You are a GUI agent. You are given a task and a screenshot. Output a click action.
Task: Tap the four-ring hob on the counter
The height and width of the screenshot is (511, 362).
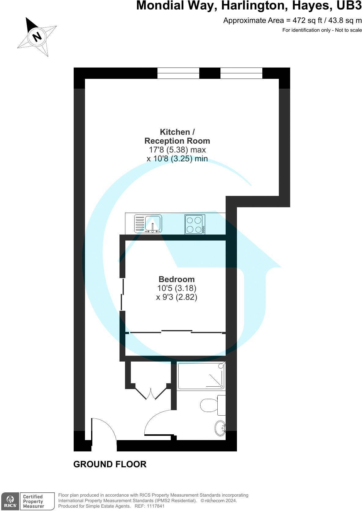(195, 224)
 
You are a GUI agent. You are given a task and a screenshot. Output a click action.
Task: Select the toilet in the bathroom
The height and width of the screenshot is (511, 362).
(209, 405)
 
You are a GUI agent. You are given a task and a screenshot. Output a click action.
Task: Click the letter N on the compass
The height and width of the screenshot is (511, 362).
(37, 37)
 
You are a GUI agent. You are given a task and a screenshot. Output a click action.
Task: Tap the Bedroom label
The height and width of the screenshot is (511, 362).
(176, 279)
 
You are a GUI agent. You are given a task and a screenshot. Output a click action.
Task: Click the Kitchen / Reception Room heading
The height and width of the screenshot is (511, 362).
(177, 136)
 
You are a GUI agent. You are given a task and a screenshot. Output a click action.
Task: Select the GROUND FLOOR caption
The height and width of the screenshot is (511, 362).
(110, 464)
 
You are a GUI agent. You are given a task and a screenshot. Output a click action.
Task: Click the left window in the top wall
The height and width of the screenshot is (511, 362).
(178, 73)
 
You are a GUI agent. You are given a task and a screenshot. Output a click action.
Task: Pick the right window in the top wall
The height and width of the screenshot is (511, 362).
(241, 73)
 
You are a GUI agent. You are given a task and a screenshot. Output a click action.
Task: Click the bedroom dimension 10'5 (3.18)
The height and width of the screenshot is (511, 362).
(176, 288)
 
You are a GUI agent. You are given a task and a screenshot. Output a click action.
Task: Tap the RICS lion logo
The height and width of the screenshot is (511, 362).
(10, 501)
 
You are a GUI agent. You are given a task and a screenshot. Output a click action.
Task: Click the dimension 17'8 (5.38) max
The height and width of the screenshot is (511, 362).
(177, 150)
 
